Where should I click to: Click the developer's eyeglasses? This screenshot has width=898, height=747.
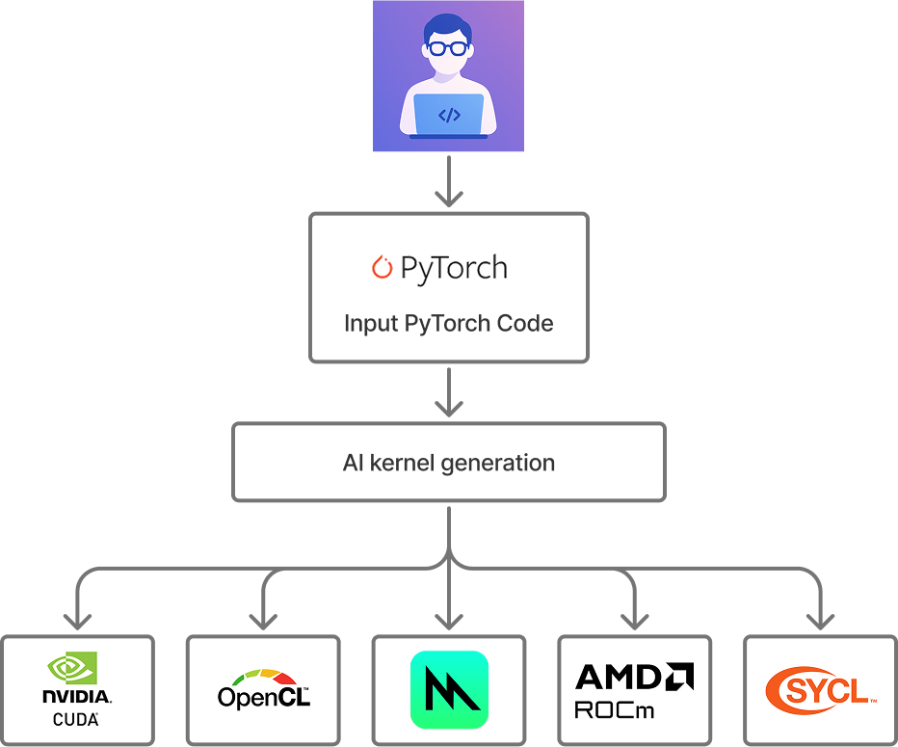coord(448,48)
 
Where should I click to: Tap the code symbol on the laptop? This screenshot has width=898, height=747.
coord(449,116)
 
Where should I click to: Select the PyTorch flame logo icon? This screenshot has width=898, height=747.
coord(383,267)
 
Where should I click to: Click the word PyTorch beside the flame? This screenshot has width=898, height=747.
coord(454,268)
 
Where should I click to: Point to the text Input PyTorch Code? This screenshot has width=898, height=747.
coord(449,323)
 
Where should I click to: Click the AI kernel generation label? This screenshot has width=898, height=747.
coord(449,463)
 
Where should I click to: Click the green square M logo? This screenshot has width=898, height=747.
coord(449,690)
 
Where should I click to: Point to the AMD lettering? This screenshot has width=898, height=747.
coord(633,677)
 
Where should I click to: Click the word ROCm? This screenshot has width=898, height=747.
coord(615,710)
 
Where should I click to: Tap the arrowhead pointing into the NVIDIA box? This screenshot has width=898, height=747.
coord(77,620)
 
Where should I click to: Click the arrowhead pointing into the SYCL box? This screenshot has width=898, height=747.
coord(821,620)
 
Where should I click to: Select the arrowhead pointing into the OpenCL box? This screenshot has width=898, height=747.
coord(263,620)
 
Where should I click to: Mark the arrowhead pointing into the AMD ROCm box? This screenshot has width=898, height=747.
coord(634,620)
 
